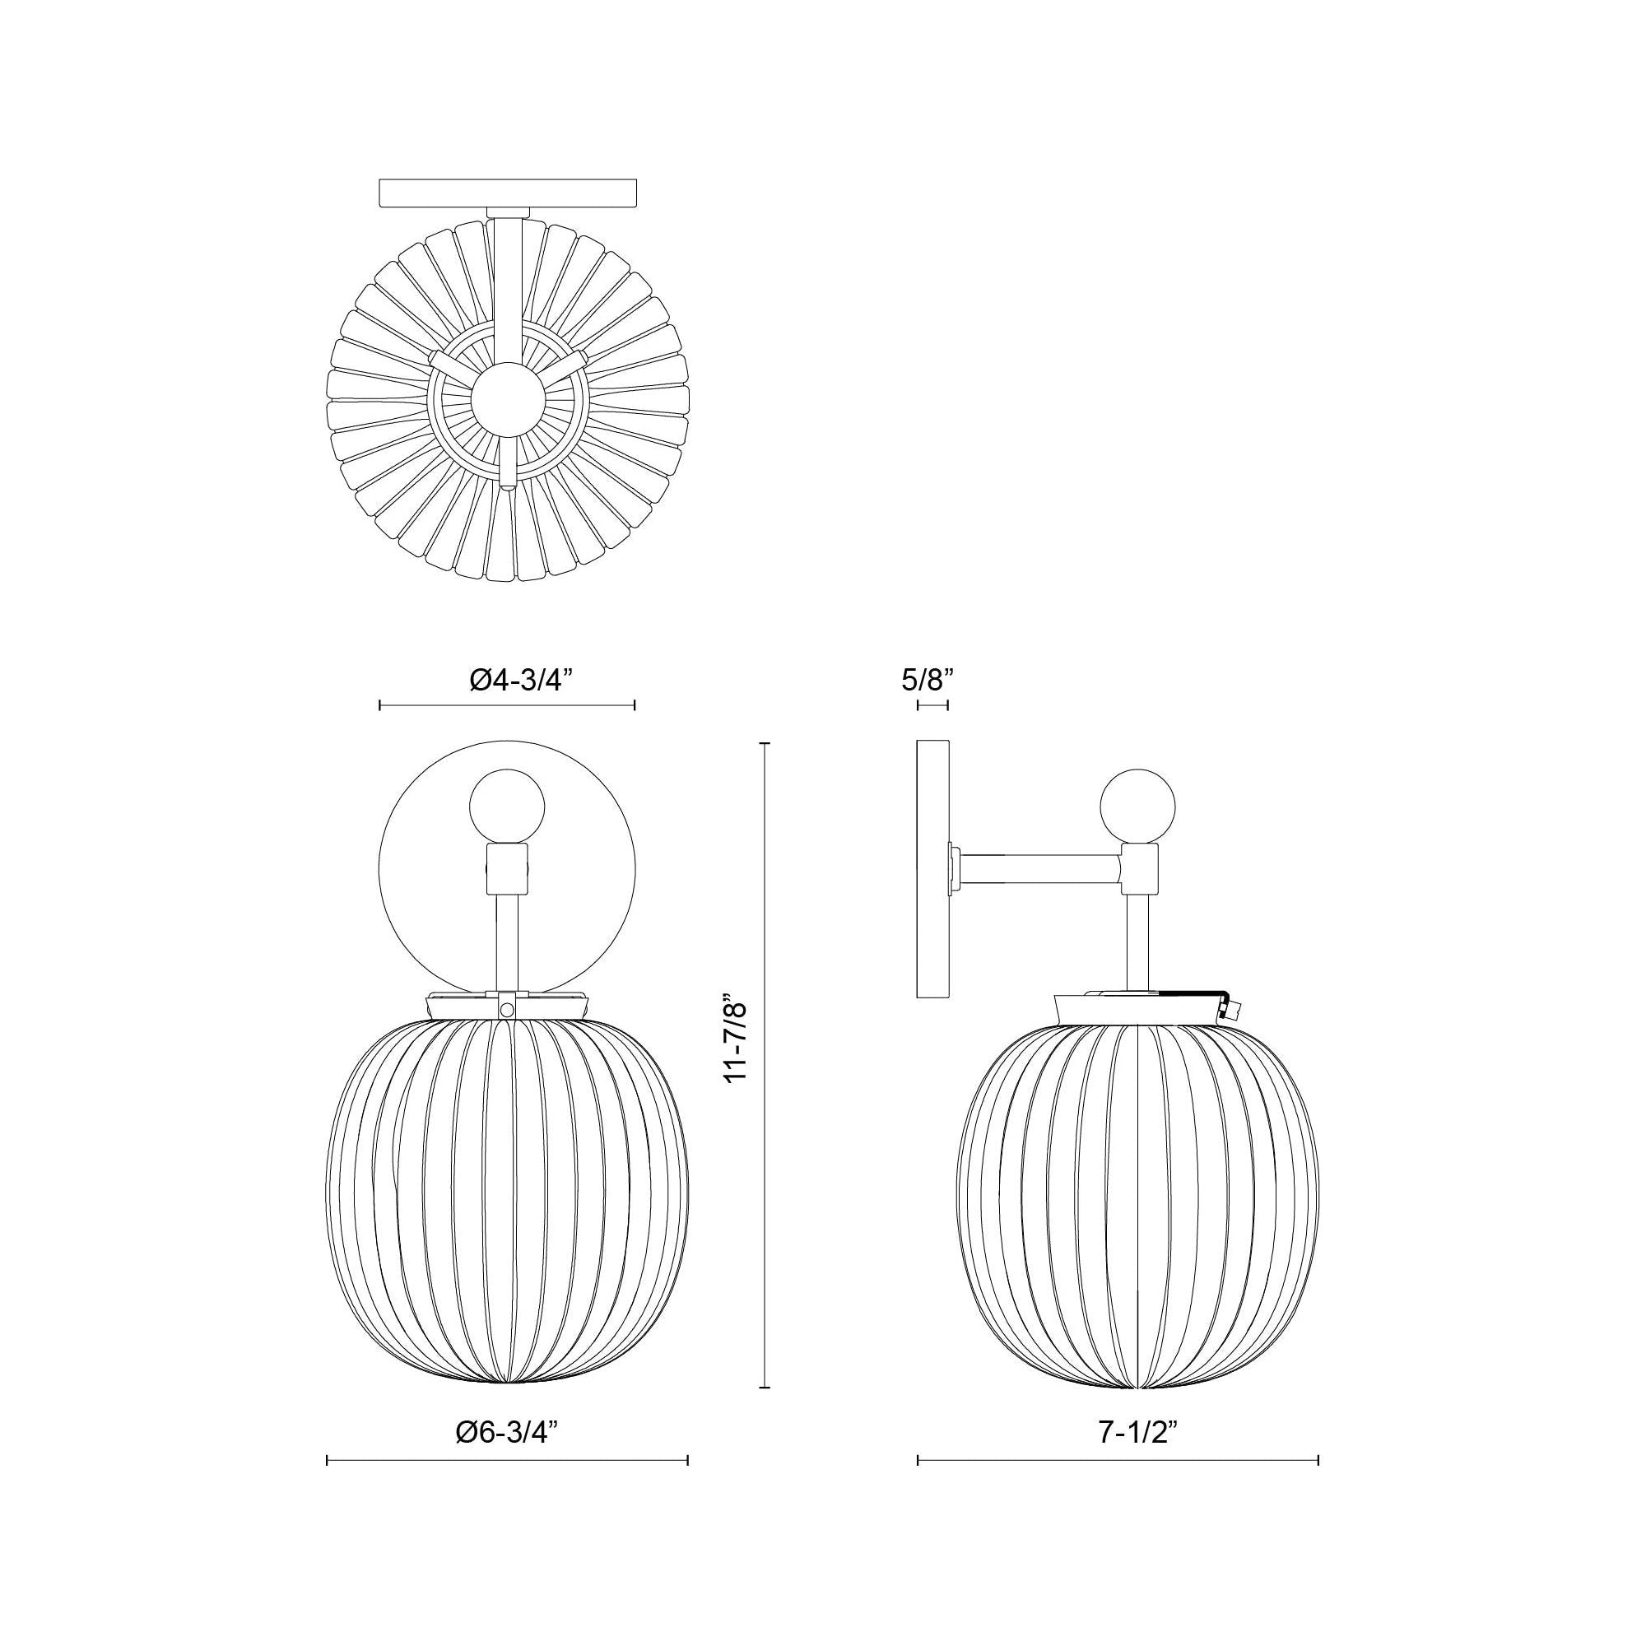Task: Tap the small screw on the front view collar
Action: (x=507, y=1009)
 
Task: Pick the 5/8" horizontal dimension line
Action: (x=933, y=705)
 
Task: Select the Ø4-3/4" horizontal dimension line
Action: (x=507, y=705)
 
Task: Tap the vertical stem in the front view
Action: (x=507, y=941)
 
